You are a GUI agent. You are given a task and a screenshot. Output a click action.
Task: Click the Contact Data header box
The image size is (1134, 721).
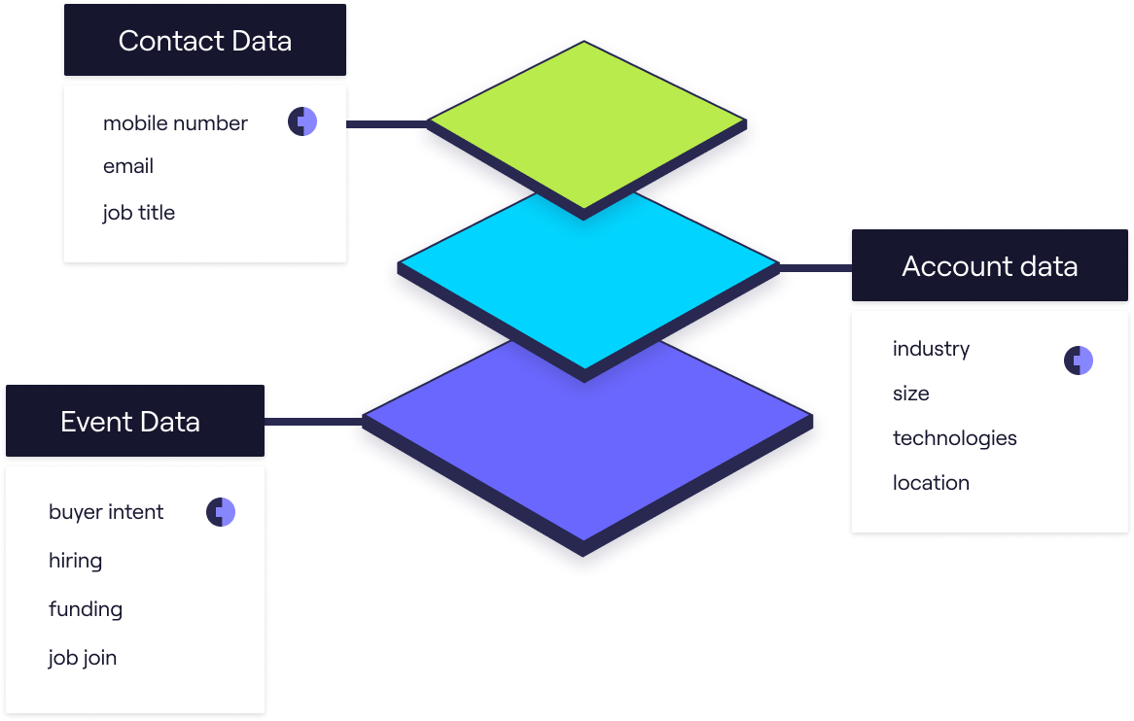point(204,41)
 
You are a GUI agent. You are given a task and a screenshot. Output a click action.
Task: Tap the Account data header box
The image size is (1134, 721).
point(989,266)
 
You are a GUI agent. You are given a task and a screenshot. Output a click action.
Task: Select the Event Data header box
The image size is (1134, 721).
point(130,422)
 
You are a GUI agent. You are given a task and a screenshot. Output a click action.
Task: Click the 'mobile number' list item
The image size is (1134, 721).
point(175,123)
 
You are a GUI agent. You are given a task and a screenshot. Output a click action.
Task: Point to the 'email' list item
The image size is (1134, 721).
point(128,166)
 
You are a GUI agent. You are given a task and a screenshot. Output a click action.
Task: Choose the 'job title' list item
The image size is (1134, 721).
point(139,213)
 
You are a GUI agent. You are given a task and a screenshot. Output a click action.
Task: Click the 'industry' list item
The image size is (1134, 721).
point(931,349)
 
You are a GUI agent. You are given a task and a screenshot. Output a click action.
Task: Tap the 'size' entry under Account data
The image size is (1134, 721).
point(910,394)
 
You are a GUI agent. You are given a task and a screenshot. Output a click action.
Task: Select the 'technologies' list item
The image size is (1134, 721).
point(954,438)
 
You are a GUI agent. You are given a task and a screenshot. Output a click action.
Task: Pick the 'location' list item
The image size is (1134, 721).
point(931,483)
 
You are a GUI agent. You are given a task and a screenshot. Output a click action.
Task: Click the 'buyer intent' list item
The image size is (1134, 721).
point(106,512)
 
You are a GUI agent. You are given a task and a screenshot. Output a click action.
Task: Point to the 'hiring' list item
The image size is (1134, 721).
point(75,561)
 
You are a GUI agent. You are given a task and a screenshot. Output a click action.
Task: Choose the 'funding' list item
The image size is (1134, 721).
point(86,609)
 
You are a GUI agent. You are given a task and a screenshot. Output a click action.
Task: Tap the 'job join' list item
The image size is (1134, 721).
point(83,658)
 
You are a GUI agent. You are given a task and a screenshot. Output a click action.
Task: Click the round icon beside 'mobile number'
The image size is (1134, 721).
point(302,121)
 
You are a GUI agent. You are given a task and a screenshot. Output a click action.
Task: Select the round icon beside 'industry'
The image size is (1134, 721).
point(1079,360)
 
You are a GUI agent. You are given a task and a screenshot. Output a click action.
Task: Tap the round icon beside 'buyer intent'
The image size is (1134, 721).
point(221,512)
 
